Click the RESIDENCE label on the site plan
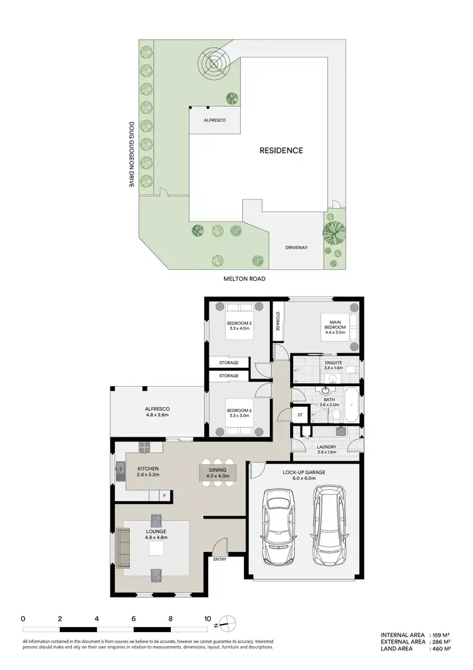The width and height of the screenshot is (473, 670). pyautogui.click(x=281, y=150)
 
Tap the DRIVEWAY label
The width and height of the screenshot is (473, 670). pyautogui.click(x=296, y=247)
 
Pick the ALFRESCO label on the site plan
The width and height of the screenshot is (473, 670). pyautogui.click(x=214, y=119)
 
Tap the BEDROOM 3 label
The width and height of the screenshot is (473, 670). pyautogui.click(x=239, y=327)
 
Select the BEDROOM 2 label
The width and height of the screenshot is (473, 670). pyautogui.click(x=239, y=414)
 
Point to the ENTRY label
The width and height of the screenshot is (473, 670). pyautogui.click(x=219, y=559)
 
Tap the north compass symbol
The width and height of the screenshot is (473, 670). pyautogui.click(x=228, y=625)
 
